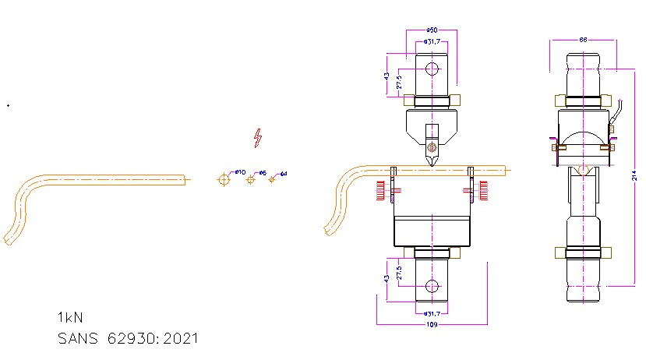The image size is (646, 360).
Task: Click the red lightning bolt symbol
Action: [x=258, y=138]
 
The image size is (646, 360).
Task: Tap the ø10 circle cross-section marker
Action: [x=224, y=179]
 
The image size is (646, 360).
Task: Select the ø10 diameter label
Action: [x=240, y=171]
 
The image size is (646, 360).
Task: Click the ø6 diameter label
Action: [x=263, y=172]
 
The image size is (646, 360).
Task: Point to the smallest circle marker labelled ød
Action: [x=272, y=179]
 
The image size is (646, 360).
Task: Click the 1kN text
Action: [x=69, y=318]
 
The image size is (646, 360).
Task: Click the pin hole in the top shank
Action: [x=431, y=69]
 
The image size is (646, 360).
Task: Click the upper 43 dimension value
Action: [x=386, y=76]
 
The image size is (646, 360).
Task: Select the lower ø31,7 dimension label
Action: [x=431, y=313]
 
